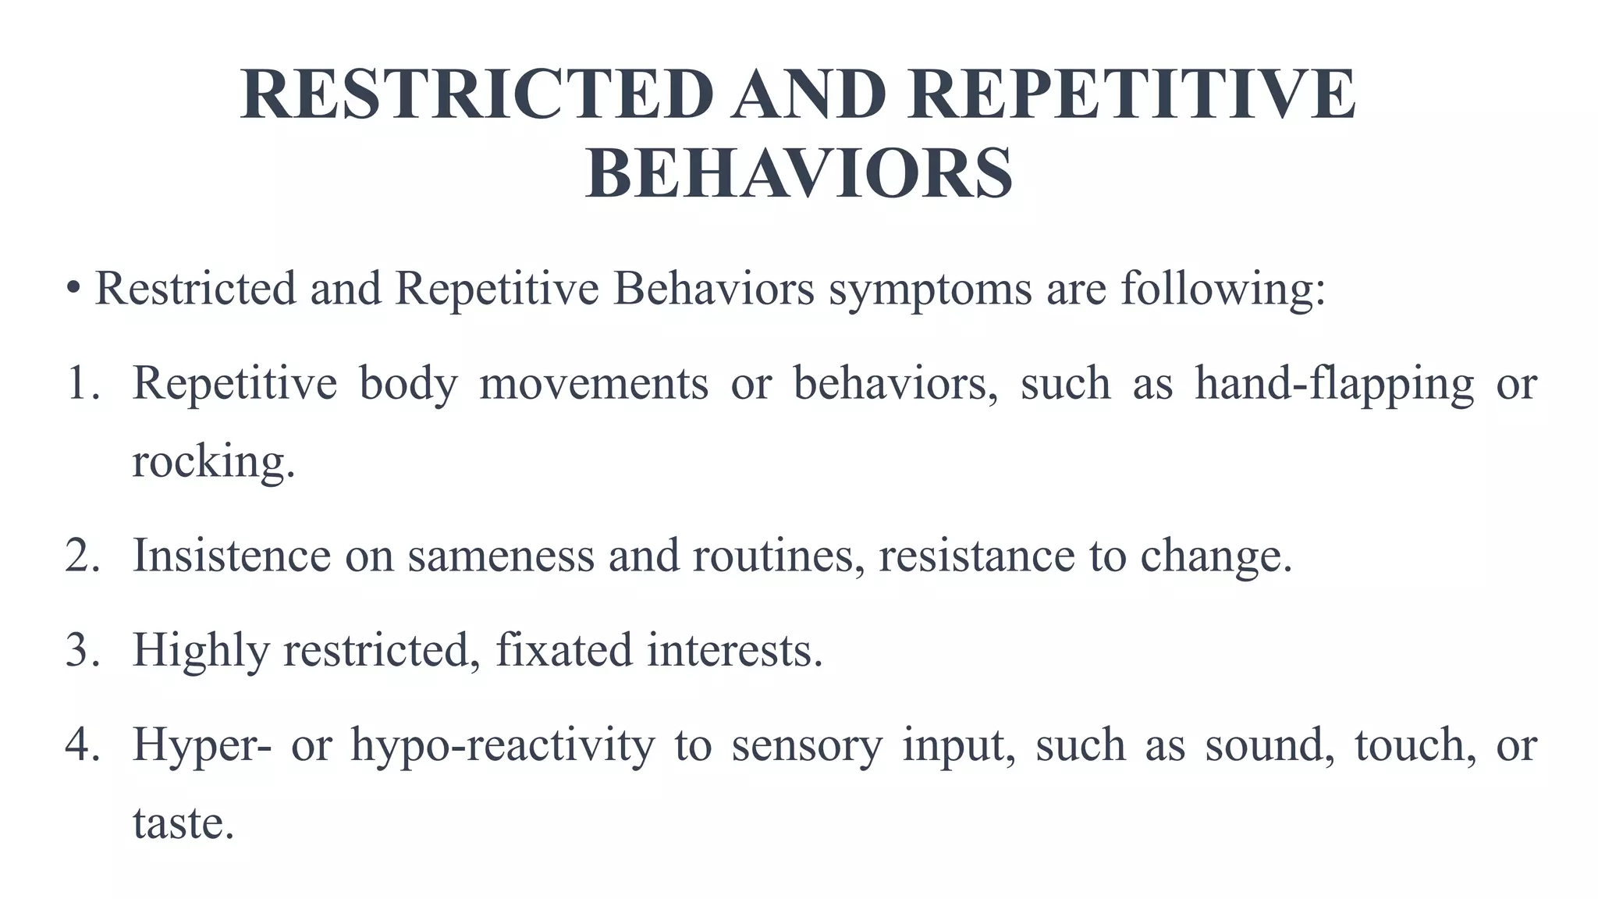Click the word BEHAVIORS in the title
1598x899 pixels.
pyautogui.click(x=799, y=173)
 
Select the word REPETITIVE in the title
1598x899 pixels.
pyautogui.click(x=1131, y=94)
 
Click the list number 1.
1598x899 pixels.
pyautogui.click(x=82, y=383)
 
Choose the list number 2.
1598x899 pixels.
pyautogui.click(x=82, y=556)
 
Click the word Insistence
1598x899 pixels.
pyautogui.click(x=232, y=556)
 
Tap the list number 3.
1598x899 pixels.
pyautogui.click(x=82, y=650)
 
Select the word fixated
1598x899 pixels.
pyautogui.click(x=563, y=650)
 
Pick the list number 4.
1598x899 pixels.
pyautogui.click(x=82, y=744)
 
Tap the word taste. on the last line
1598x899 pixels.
pyautogui.click(x=183, y=823)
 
